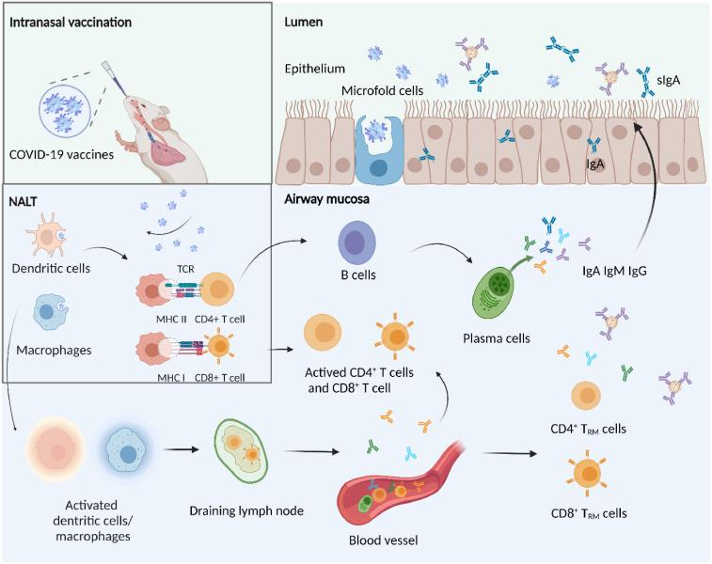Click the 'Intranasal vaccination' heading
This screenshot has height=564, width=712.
[x=71, y=19]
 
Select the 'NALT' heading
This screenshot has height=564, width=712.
[x=25, y=199]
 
